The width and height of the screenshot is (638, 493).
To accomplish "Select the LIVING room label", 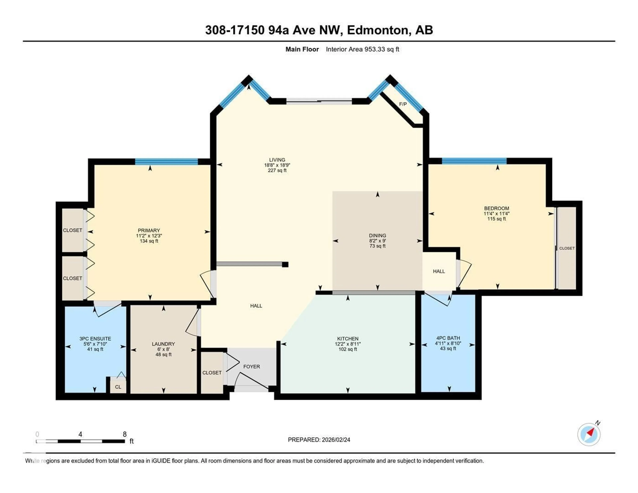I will [x=277, y=160].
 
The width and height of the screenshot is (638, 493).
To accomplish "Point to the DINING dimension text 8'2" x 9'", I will [x=377, y=241].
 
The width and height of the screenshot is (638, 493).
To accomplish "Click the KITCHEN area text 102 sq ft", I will [x=348, y=349].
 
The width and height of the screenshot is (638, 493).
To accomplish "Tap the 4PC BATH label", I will [x=448, y=338].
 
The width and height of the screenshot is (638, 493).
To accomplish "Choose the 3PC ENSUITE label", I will [x=95, y=339].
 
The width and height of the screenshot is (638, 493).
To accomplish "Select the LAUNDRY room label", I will [x=163, y=344].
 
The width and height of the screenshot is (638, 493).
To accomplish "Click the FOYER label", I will [x=252, y=366].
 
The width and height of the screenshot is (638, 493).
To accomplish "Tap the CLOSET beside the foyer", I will [x=212, y=373].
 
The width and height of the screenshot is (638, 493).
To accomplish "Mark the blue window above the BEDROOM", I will [x=474, y=161].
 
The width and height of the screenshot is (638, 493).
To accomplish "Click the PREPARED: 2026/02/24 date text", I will [x=319, y=439].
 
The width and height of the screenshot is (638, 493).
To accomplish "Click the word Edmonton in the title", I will [x=378, y=30].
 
